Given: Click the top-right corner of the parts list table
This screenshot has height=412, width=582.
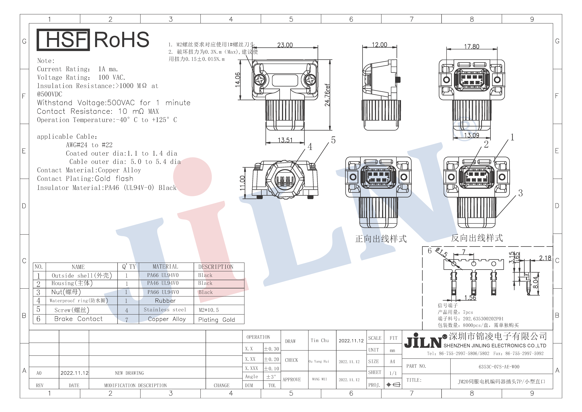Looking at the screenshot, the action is [x=244, y=263].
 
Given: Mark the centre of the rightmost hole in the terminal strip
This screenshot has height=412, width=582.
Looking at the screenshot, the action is [x=494, y=264].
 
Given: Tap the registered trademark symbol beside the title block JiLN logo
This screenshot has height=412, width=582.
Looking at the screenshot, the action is [x=445, y=337].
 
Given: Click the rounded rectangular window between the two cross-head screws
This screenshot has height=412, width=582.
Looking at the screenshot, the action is [x=285, y=80].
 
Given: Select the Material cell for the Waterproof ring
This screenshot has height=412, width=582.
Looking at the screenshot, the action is [x=165, y=301].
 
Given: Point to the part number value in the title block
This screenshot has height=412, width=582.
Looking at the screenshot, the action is [x=499, y=367].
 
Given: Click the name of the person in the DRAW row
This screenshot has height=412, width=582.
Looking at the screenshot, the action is [x=320, y=340].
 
